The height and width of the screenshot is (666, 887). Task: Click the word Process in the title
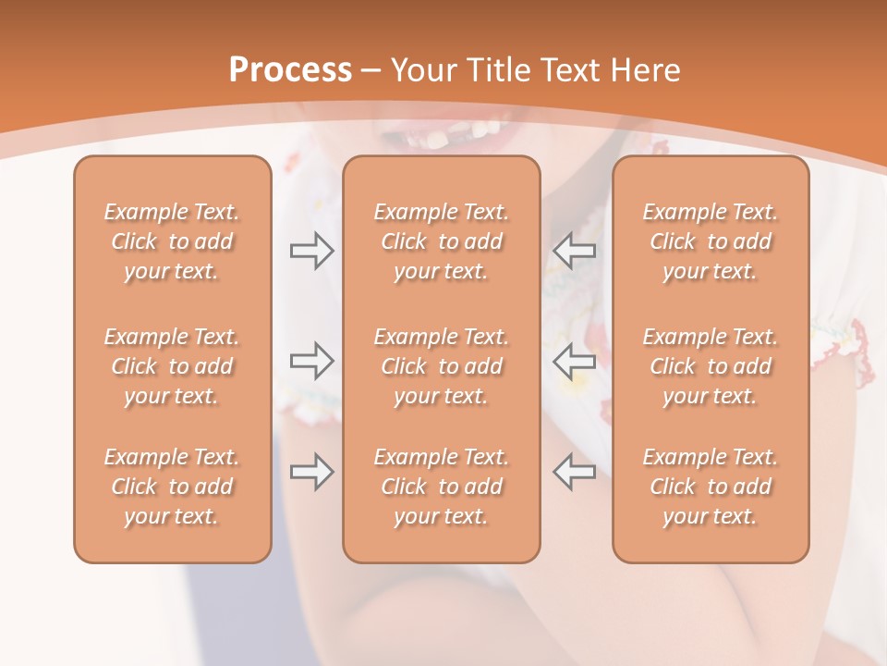[290, 70]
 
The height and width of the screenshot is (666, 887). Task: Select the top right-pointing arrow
[311, 251]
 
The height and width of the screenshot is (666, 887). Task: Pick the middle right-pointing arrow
[311, 361]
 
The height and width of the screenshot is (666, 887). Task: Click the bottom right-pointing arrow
[311, 472]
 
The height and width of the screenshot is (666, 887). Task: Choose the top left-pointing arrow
[574, 251]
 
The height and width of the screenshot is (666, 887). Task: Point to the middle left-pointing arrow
[574, 361]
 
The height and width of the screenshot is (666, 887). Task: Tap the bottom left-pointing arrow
[574, 472]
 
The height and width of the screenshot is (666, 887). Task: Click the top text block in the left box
[172, 241]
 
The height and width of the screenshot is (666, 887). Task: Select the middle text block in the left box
[172, 366]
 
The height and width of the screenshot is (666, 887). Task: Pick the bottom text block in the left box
[172, 487]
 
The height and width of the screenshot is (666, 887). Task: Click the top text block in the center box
[442, 241]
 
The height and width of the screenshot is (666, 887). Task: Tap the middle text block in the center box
[442, 366]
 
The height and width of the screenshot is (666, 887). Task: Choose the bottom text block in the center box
[442, 487]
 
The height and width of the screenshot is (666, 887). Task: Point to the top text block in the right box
[711, 241]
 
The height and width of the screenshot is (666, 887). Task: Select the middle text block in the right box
[711, 366]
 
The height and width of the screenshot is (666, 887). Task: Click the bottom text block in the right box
[711, 487]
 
